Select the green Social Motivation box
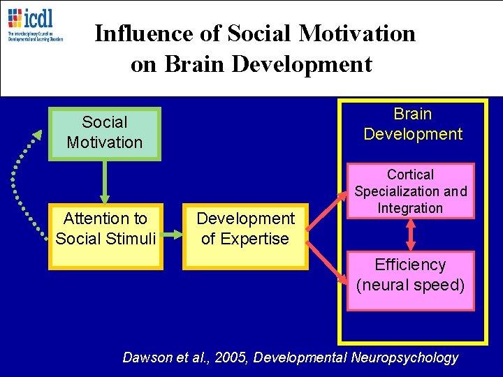(104, 133)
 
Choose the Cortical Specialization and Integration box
(411, 191)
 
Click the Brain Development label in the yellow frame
(413, 124)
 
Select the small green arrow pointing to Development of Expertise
(173, 237)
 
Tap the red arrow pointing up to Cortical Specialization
(329, 212)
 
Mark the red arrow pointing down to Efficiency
(329, 263)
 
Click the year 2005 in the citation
(231, 357)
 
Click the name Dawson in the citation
(145, 357)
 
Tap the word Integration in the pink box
(411, 208)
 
